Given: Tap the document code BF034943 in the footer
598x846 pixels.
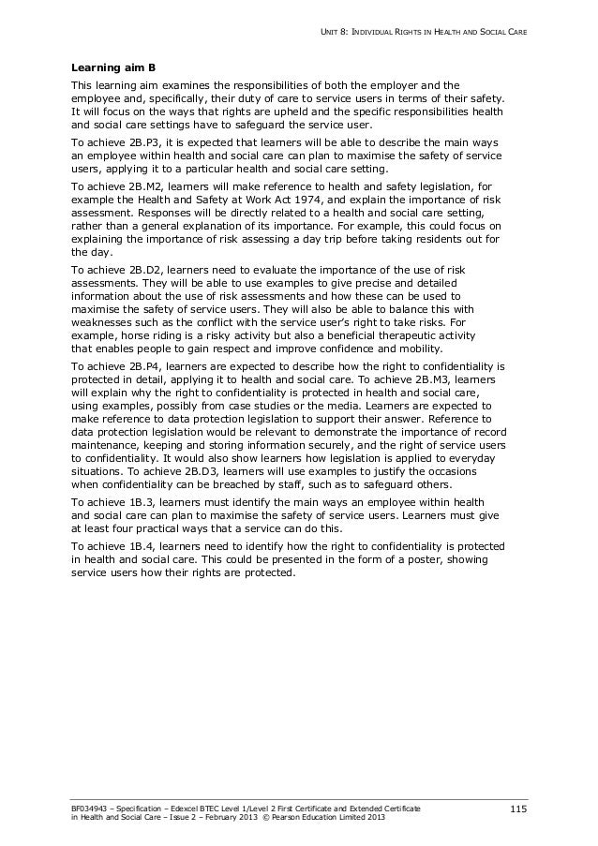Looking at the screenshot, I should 92,806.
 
